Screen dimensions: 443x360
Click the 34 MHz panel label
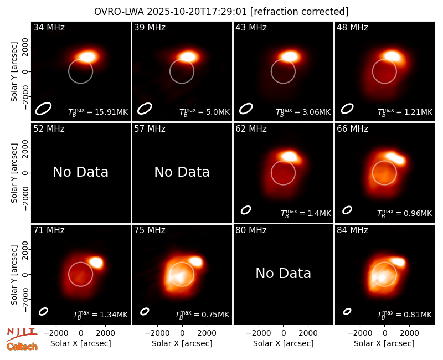pos(49,27)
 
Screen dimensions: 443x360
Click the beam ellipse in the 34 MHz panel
pos(43,109)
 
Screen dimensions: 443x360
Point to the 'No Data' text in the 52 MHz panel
pos(80,172)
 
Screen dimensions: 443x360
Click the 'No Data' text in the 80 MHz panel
pos(283,273)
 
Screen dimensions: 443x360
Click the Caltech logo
pos(22,347)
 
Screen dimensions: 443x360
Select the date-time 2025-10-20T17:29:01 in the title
pos(197,12)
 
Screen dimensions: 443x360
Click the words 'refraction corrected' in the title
pos(299,12)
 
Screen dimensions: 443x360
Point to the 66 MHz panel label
pos(352,129)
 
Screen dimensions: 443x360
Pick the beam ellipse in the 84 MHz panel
pos(347,311)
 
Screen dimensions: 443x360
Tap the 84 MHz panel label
pos(352,230)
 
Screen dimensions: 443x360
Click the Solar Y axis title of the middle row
pos(14,173)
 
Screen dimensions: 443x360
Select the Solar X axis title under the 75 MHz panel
pos(182,343)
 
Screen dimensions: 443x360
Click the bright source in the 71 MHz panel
pos(96,262)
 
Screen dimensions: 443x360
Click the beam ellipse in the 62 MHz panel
pos(246,210)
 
